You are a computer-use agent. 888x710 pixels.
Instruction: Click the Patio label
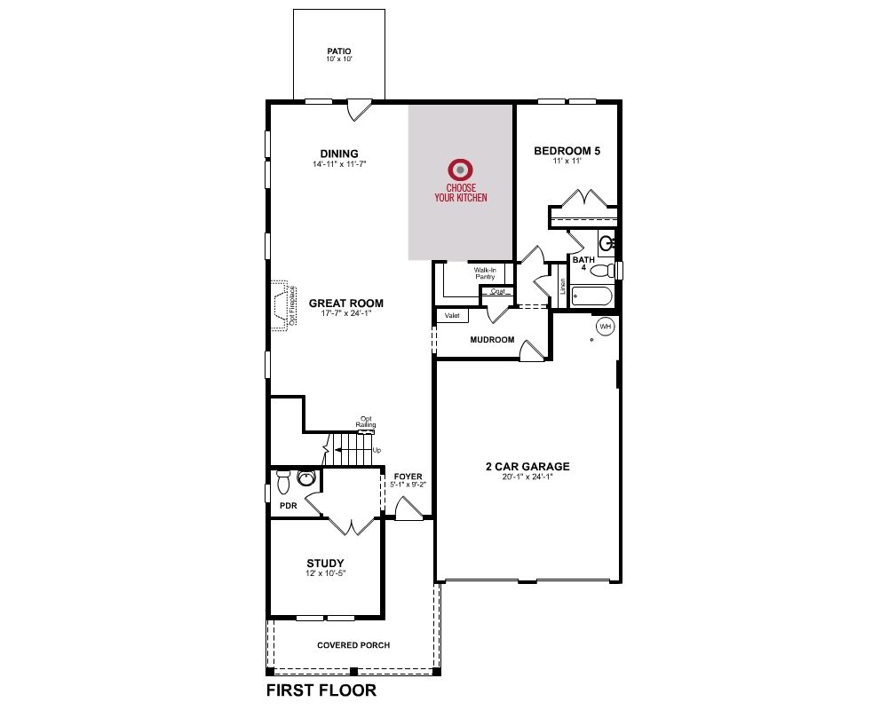pos(339,51)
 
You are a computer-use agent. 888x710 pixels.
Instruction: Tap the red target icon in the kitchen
pos(460,170)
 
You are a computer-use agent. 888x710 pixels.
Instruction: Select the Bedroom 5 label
pos(567,151)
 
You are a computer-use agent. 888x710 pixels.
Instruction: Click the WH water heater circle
pos(606,327)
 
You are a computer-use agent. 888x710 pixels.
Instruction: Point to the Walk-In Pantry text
pos(486,273)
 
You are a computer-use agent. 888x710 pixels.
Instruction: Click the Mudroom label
pos(492,340)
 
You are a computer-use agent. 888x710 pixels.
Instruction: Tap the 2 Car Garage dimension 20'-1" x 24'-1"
pos(527,477)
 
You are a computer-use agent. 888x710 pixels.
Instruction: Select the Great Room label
pos(346,303)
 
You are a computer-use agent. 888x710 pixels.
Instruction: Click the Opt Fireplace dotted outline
pos(281,305)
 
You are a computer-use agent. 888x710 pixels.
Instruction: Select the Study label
pos(325,564)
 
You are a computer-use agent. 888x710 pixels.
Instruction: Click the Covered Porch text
pos(353,645)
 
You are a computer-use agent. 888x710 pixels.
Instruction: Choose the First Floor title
pos(321,690)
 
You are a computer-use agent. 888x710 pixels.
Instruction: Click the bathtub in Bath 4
pos(591,296)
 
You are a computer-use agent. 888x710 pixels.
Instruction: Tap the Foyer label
pos(408,477)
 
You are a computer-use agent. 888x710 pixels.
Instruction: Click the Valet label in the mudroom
pos(452,315)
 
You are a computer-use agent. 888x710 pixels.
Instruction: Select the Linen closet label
pos(562,287)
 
